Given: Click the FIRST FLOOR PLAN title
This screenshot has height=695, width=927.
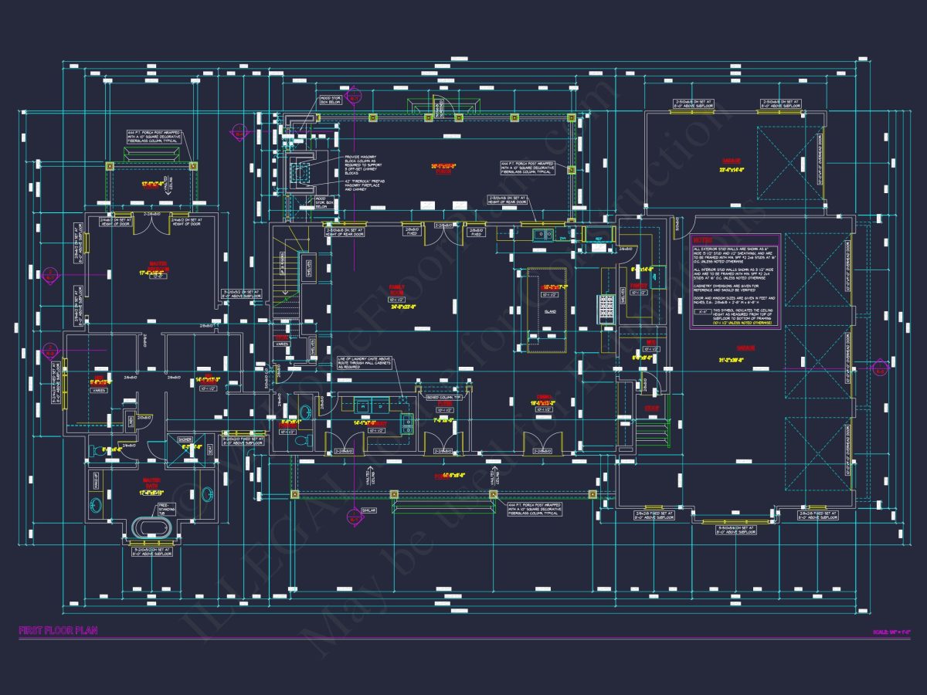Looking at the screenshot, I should [58, 631].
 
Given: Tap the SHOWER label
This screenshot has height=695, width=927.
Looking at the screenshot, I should [185, 439].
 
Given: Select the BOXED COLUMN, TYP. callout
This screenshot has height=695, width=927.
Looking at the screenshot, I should [447, 397].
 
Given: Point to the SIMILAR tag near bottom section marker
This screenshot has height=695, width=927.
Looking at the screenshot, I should [370, 510].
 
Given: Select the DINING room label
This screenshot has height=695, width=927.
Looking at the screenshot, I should [542, 400].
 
